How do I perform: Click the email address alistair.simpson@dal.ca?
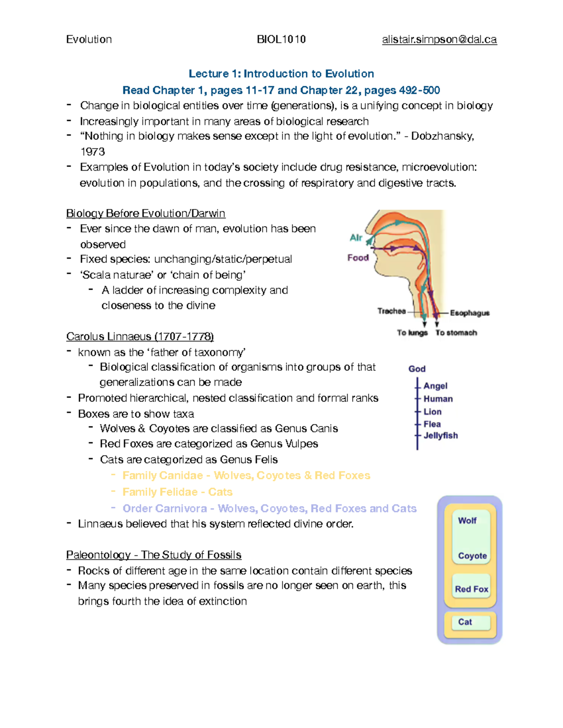[x=439, y=39]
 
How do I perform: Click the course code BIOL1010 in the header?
[x=281, y=39]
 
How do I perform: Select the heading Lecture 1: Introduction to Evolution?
[x=281, y=74]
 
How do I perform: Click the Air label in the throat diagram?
[x=356, y=238]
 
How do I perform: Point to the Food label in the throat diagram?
[x=358, y=257]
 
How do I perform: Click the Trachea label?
[x=392, y=311]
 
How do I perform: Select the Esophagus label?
[x=470, y=313]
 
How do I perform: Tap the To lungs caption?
[x=412, y=332]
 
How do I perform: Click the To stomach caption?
[x=456, y=332]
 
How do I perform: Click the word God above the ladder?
[x=417, y=369]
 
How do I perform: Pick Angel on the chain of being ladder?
[x=435, y=386]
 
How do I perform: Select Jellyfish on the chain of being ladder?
[x=441, y=435]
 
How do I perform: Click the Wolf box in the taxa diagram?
[x=467, y=521]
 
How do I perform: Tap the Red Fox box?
[x=472, y=589]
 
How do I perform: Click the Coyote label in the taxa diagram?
[x=472, y=555]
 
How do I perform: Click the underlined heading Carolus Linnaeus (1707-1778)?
[x=140, y=337]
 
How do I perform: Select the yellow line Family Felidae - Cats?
[x=177, y=492]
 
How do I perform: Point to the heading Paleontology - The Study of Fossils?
[x=153, y=555]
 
